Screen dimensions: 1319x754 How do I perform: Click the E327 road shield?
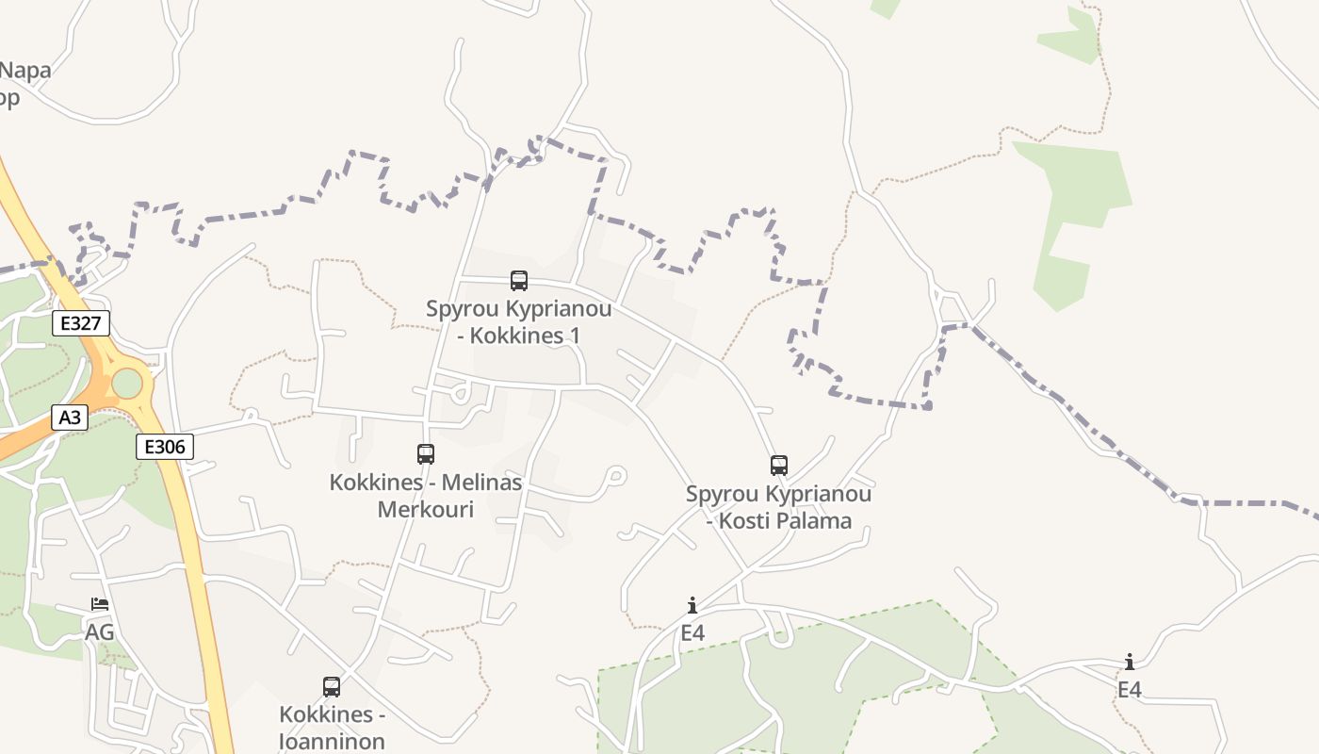[80, 324]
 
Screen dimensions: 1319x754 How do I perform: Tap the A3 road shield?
[70, 418]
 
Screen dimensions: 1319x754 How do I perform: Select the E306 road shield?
[165, 447]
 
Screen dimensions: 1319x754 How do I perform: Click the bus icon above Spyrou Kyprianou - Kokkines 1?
[519, 280]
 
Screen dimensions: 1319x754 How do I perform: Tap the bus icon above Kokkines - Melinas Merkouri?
[426, 454]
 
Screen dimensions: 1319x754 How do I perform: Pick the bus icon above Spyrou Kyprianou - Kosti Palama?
[778, 465]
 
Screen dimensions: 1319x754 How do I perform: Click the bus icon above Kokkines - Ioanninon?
[332, 686]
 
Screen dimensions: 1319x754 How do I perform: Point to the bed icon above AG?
[100, 603]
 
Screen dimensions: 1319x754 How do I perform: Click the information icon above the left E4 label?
[692, 605]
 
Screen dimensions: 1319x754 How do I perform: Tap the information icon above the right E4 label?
[1129, 662]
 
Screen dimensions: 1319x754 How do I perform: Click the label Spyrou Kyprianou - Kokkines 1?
[518, 322]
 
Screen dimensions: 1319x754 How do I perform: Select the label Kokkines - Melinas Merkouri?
[426, 496]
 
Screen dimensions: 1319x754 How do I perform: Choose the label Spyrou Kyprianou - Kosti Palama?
[778, 507]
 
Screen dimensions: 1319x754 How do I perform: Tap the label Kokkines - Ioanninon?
[332, 728]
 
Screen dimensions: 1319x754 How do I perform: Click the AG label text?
[100, 632]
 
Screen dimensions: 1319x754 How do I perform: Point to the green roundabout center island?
[126, 384]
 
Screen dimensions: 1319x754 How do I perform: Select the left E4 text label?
[692, 632]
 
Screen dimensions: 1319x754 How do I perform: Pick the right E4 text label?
[1129, 690]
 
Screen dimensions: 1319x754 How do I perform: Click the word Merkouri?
[426, 510]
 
